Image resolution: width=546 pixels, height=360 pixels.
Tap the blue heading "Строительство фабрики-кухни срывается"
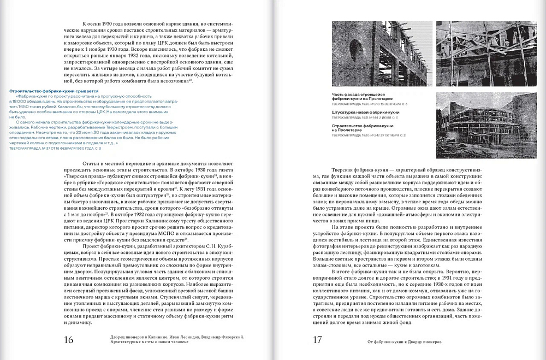point(54,91)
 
